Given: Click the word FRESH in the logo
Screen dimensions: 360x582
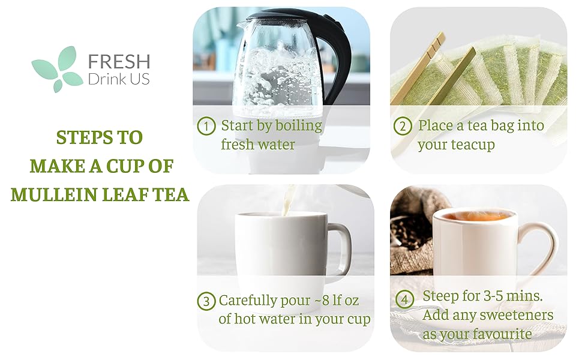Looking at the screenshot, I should point(119,62).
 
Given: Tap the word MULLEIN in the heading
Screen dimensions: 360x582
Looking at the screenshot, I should point(46,194).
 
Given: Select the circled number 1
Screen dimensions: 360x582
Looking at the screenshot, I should point(206,126).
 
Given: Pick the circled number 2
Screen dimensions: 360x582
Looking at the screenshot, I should point(403,126).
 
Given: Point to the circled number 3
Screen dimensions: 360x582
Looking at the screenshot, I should point(206,301).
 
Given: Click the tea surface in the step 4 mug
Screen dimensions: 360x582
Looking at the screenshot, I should point(474,216).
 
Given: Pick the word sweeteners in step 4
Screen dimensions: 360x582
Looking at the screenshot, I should point(520,315).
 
